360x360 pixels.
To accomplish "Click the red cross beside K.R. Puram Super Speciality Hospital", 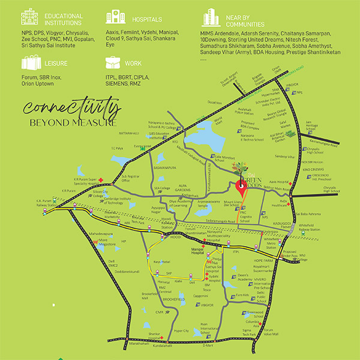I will point(102,180).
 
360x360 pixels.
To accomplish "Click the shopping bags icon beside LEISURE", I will point(30,62).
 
